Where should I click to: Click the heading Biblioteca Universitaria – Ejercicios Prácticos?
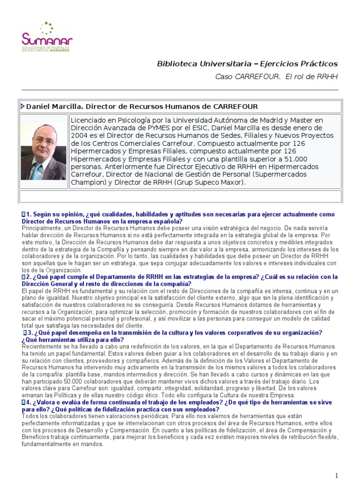click(x=247, y=64)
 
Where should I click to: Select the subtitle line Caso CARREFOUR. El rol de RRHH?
click(x=276, y=76)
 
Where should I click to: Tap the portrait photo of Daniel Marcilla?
click(x=44, y=151)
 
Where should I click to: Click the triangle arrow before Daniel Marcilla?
click(x=23, y=106)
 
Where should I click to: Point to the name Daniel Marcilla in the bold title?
click(x=53, y=107)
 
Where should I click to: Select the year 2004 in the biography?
click(x=79, y=135)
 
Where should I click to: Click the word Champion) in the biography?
click(x=88, y=182)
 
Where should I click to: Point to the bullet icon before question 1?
click(x=23, y=214)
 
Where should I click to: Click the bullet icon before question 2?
click(x=23, y=277)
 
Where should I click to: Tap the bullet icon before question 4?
click(x=23, y=402)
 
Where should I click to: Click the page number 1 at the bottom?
click(x=337, y=475)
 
